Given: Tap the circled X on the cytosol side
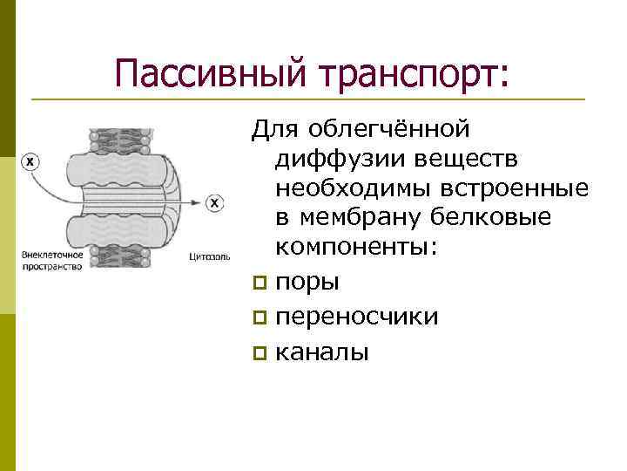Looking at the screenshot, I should [x=214, y=203].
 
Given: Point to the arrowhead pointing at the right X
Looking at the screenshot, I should [x=199, y=203].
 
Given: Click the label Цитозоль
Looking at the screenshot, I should [x=209, y=258].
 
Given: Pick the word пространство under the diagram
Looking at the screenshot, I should [x=51, y=267].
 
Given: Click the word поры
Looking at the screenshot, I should [x=307, y=283].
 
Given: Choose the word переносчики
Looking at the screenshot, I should [x=356, y=317].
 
